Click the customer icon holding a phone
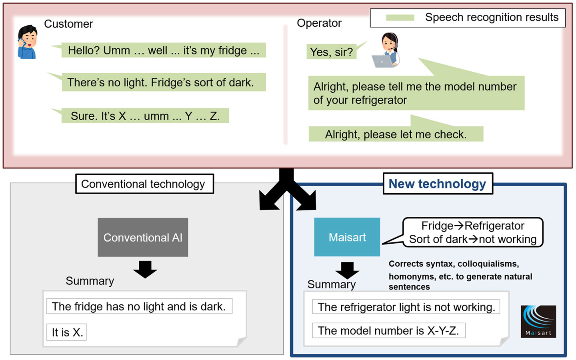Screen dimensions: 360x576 (27, 42)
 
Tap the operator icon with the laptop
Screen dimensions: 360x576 (386, 50)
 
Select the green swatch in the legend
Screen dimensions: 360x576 (400, 18)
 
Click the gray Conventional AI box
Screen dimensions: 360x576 (143, 237)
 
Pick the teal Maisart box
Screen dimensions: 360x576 (347, 237)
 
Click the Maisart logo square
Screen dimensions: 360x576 (538, 322)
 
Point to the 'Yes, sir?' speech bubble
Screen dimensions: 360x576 (332, 52)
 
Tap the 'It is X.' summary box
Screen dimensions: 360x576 (67, 332)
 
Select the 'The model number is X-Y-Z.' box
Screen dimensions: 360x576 (388, 330)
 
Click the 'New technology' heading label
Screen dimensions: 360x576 (438, 184)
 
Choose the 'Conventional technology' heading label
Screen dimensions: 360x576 (144, 184)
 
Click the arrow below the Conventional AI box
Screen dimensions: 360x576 (145, 269)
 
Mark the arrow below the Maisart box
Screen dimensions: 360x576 (347, 270)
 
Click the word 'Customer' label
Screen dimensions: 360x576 (68, 24)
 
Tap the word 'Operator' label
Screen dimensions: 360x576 (319, 23)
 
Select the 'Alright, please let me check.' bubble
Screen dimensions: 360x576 (396, 134)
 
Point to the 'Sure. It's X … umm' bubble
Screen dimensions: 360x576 (145, 116)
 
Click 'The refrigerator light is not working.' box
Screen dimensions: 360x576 (406, 307)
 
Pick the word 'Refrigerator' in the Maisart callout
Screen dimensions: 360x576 (495, 226)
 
